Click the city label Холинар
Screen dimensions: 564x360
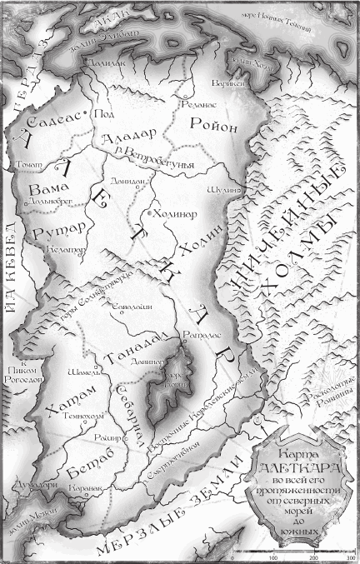click(175, 212)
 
